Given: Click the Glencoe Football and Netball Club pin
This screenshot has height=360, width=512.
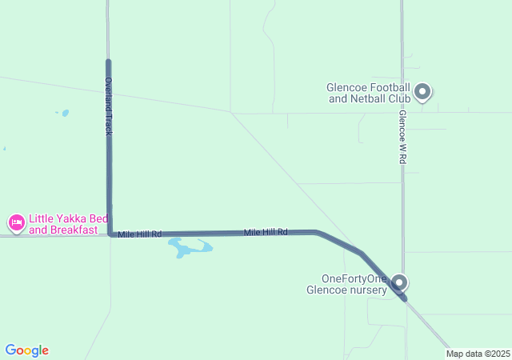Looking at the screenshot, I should tap(423, 92).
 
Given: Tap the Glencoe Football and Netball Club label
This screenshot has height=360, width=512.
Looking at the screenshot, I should tap(369, 93).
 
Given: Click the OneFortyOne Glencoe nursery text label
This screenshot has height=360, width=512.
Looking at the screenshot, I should tap(354, 284).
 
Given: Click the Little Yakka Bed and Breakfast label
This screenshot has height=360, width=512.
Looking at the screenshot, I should tap(68, 223).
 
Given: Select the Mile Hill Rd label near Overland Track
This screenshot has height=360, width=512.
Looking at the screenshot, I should tap(139, 234).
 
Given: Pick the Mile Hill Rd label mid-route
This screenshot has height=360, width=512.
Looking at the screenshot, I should tap(266, 232).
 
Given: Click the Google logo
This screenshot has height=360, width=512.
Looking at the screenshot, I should tap(26, 350).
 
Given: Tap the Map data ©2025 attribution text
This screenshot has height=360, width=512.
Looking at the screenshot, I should tap(478, 354).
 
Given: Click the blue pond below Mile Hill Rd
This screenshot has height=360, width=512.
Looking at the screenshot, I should tap(189, 249).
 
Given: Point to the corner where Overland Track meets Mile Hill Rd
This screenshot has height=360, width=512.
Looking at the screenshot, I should tap(110, 234).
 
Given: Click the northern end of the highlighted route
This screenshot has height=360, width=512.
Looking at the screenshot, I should tap(108, 61).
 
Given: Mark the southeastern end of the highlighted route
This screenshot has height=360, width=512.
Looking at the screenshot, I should tap(405, 299).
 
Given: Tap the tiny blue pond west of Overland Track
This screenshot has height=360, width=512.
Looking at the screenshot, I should tap(64, 113).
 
